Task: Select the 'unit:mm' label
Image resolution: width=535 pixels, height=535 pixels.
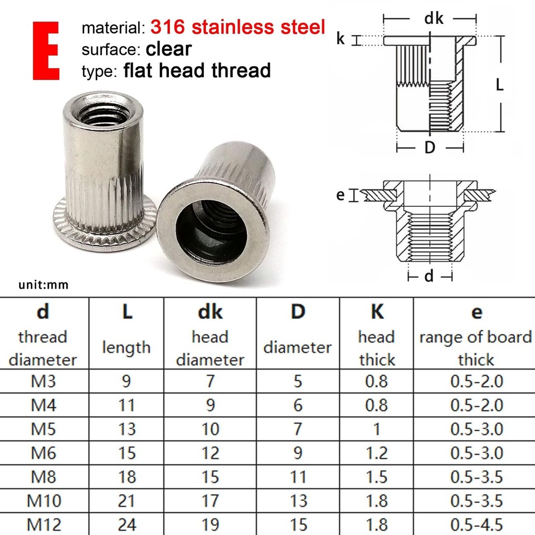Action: pyautogui.click(x=43, y=285)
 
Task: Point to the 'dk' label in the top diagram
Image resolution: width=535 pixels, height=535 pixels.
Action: pyautogui.click(x=434, y=18)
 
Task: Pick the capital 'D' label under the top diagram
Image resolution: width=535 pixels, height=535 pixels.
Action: pyautogui.click(x=429, y=148)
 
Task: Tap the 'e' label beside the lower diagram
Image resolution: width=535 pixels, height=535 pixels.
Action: pyautogui.click(x=341, y=194)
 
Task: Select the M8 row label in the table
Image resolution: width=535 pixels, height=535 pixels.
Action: pyautogui.click(x=43, y=476)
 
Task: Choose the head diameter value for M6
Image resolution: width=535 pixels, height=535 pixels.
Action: pyautogui.click(x=210, y=453)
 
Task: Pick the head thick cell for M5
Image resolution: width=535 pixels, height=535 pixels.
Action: pyautogui.click(x=376, y=429)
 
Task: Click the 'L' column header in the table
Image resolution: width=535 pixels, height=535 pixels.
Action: pyautogui.click(x=127, y=312)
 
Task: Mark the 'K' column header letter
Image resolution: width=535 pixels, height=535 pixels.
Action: pyautogui.click(x=377, y=312)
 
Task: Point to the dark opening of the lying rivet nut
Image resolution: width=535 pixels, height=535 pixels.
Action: pyautogui.click(x=207, y=225)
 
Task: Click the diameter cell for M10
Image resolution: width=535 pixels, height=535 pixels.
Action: pyautogui.click(x=298, y=500)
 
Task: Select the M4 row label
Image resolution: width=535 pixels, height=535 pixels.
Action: pyautogui.click(x=43, y=405)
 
